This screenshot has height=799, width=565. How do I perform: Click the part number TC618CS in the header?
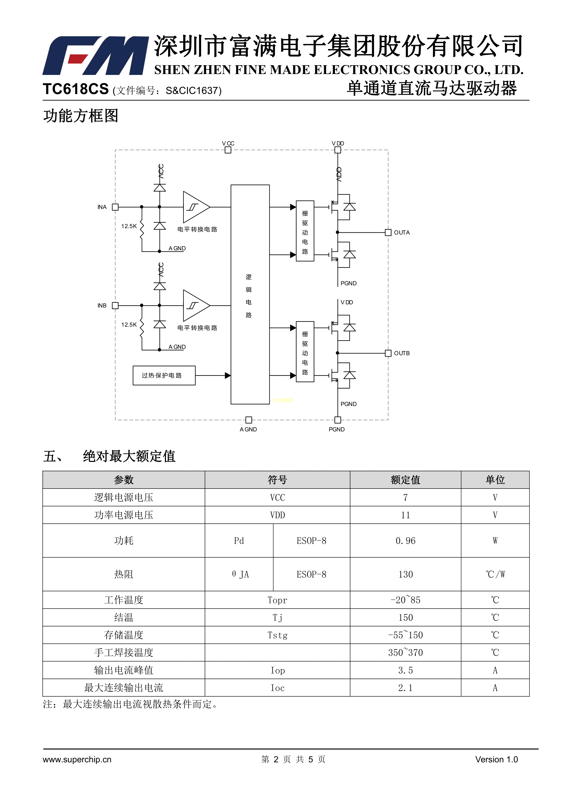76,89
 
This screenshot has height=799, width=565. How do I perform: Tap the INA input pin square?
115,207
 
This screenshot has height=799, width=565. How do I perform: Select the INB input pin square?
115,305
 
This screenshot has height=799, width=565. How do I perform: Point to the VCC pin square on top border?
228,150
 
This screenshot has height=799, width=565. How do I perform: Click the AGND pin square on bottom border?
248,420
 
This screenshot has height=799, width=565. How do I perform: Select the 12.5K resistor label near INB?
129,325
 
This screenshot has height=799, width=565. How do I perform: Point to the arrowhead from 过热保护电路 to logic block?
228,376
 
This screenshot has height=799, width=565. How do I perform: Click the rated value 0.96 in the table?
405,541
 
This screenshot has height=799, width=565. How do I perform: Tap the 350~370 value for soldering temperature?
405,653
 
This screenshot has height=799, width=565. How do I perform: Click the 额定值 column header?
405,480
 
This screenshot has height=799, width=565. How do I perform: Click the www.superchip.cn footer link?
77,759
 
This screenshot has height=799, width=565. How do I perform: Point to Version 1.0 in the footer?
496,759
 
